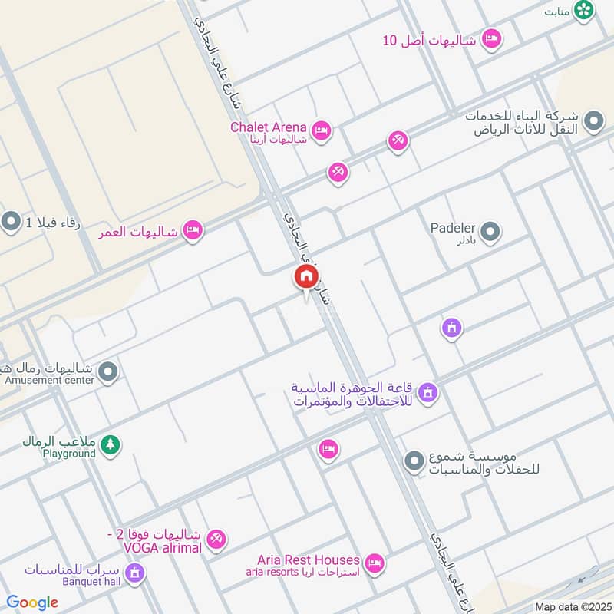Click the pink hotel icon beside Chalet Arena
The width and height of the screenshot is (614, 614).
tap(322, 131)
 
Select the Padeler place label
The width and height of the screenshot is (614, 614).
tap(453, 228)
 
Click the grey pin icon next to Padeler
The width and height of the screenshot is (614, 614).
tap(490, 231)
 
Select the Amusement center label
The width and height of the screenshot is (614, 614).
tap(49, 380)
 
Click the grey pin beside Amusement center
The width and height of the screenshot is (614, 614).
tap(109, 372)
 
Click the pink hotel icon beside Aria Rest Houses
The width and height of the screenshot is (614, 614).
tap(374, 564)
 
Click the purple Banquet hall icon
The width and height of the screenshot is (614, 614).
tap(135, 573)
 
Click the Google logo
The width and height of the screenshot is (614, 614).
tap(32, 602)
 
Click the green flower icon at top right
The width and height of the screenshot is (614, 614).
tap(585, 10)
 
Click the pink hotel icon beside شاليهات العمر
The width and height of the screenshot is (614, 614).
tap(192, 230)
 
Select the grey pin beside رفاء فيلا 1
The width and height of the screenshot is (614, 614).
tap(11, 223)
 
